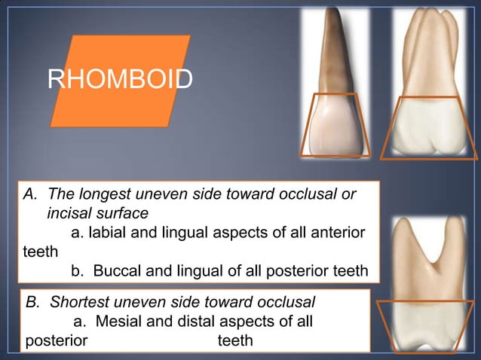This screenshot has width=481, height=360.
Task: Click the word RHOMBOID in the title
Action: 120,78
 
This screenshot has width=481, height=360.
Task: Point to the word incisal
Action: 72,214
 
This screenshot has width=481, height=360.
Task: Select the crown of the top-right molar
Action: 429,128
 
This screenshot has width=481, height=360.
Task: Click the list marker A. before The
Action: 31,195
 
